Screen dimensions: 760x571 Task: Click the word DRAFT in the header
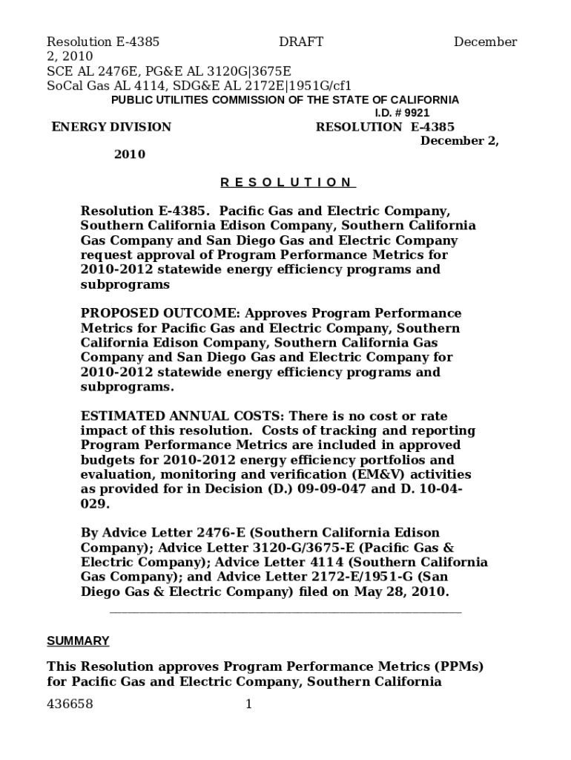[301, 42]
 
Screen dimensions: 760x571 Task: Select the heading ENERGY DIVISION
[111, 127]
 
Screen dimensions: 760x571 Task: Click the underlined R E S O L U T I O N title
[288, 183]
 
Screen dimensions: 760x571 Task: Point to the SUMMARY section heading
[78, 641]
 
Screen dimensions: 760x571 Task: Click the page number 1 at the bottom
[249, 704]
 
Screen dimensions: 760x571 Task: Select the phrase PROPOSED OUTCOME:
[161, 313]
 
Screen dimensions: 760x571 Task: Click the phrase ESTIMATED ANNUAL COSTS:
[182, 416]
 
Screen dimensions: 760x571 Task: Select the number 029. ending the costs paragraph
[96, 503]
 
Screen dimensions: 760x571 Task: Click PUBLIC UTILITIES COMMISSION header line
[285, 100]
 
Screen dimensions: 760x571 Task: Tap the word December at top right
[485, 42]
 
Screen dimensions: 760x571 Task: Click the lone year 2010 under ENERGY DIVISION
[130, 154]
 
